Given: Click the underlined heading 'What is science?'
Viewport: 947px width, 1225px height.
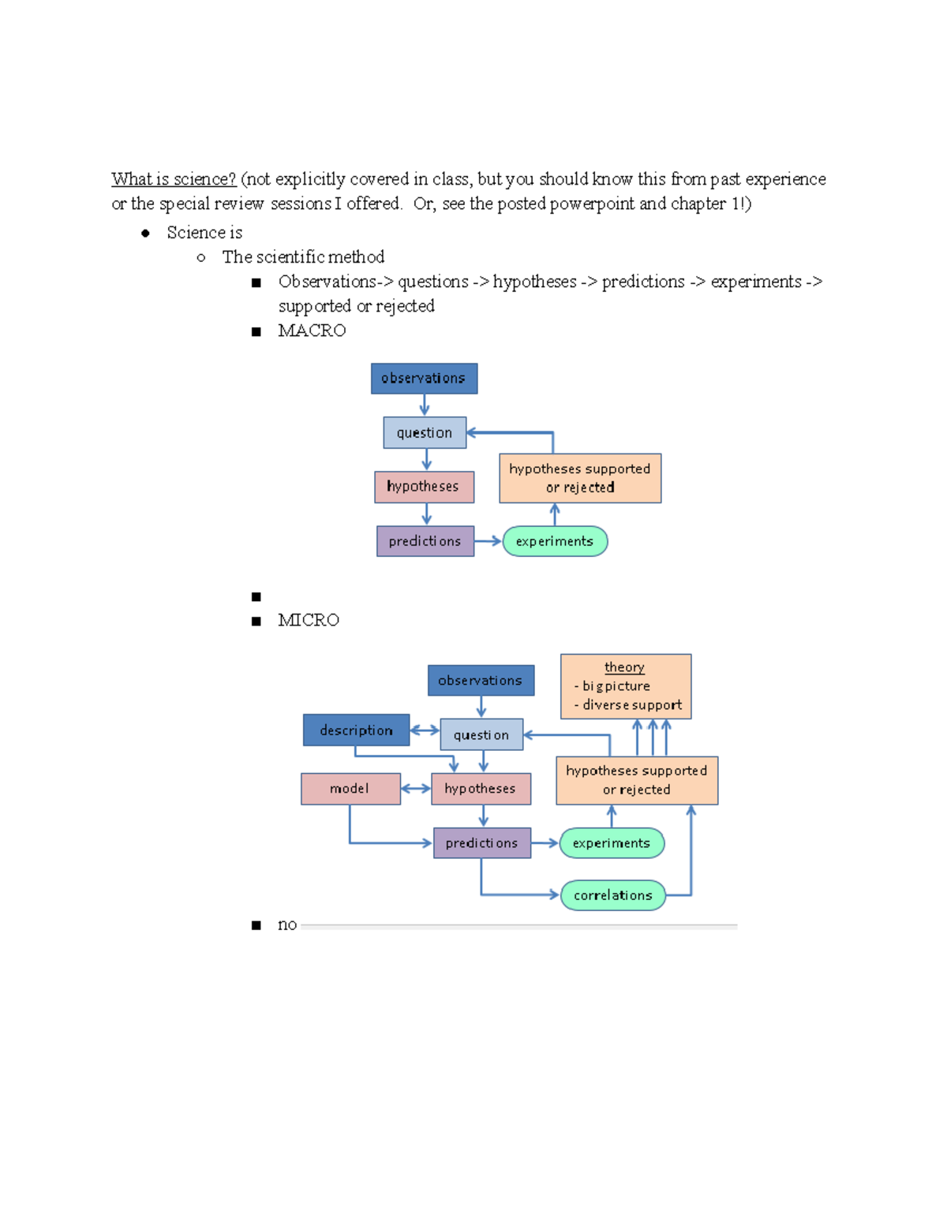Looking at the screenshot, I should click(x=173, y=179).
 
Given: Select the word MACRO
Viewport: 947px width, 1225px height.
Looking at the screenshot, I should click(x=312, y=331).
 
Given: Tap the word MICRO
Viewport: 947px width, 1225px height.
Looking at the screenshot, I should click(x=309, y=620).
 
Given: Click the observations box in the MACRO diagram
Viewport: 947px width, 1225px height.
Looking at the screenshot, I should click(x=424, y=379).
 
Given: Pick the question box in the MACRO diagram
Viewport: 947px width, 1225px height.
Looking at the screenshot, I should click(x=425, y=433).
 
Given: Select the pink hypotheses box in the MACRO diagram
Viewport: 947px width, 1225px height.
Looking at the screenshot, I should click(x=424, y=487).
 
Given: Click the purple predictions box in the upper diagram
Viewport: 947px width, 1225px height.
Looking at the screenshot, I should click(x=425, y=541).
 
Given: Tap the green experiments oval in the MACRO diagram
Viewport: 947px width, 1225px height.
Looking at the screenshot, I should click(x=555, y=541).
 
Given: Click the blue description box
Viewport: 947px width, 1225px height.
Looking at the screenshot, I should click(x=356, y=730).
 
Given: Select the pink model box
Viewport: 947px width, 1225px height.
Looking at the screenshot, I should click(x=350, y=789).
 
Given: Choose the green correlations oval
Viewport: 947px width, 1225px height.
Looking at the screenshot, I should click(x=613, y=895).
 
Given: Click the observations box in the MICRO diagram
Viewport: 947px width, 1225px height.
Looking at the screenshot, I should click(x=481, y=681).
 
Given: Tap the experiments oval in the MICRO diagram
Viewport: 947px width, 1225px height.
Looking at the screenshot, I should click(x=612, y=843).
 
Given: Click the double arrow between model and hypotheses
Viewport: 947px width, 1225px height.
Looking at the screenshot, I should click(x=416, y=789).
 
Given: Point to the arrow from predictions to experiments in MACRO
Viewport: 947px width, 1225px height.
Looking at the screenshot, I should click(x=488, y=541).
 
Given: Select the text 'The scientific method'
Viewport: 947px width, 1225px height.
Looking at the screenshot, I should click(x=303, y=257).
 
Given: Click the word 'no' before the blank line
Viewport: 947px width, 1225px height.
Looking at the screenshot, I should click(x=287, y=924).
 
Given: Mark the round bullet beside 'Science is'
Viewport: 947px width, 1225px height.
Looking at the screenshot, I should click(x=145, y=233).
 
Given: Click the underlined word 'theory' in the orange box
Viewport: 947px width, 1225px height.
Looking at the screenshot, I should click(x=624, y=667).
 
